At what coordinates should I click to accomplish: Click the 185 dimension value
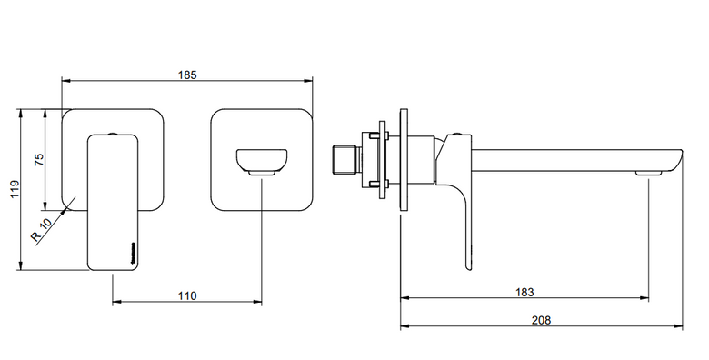[187, 75]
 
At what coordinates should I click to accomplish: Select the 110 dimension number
[187, 295]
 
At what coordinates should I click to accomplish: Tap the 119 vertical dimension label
[15, 189]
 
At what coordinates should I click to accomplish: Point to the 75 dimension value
[39, 160]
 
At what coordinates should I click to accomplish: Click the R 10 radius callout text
[42, 230]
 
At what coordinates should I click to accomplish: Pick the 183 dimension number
[524, 292]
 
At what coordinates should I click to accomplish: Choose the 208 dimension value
[541, 320]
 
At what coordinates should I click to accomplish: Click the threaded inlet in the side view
[346, 160]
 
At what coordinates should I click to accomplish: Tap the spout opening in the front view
[262, 162]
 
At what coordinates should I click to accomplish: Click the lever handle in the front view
[113, 202]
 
